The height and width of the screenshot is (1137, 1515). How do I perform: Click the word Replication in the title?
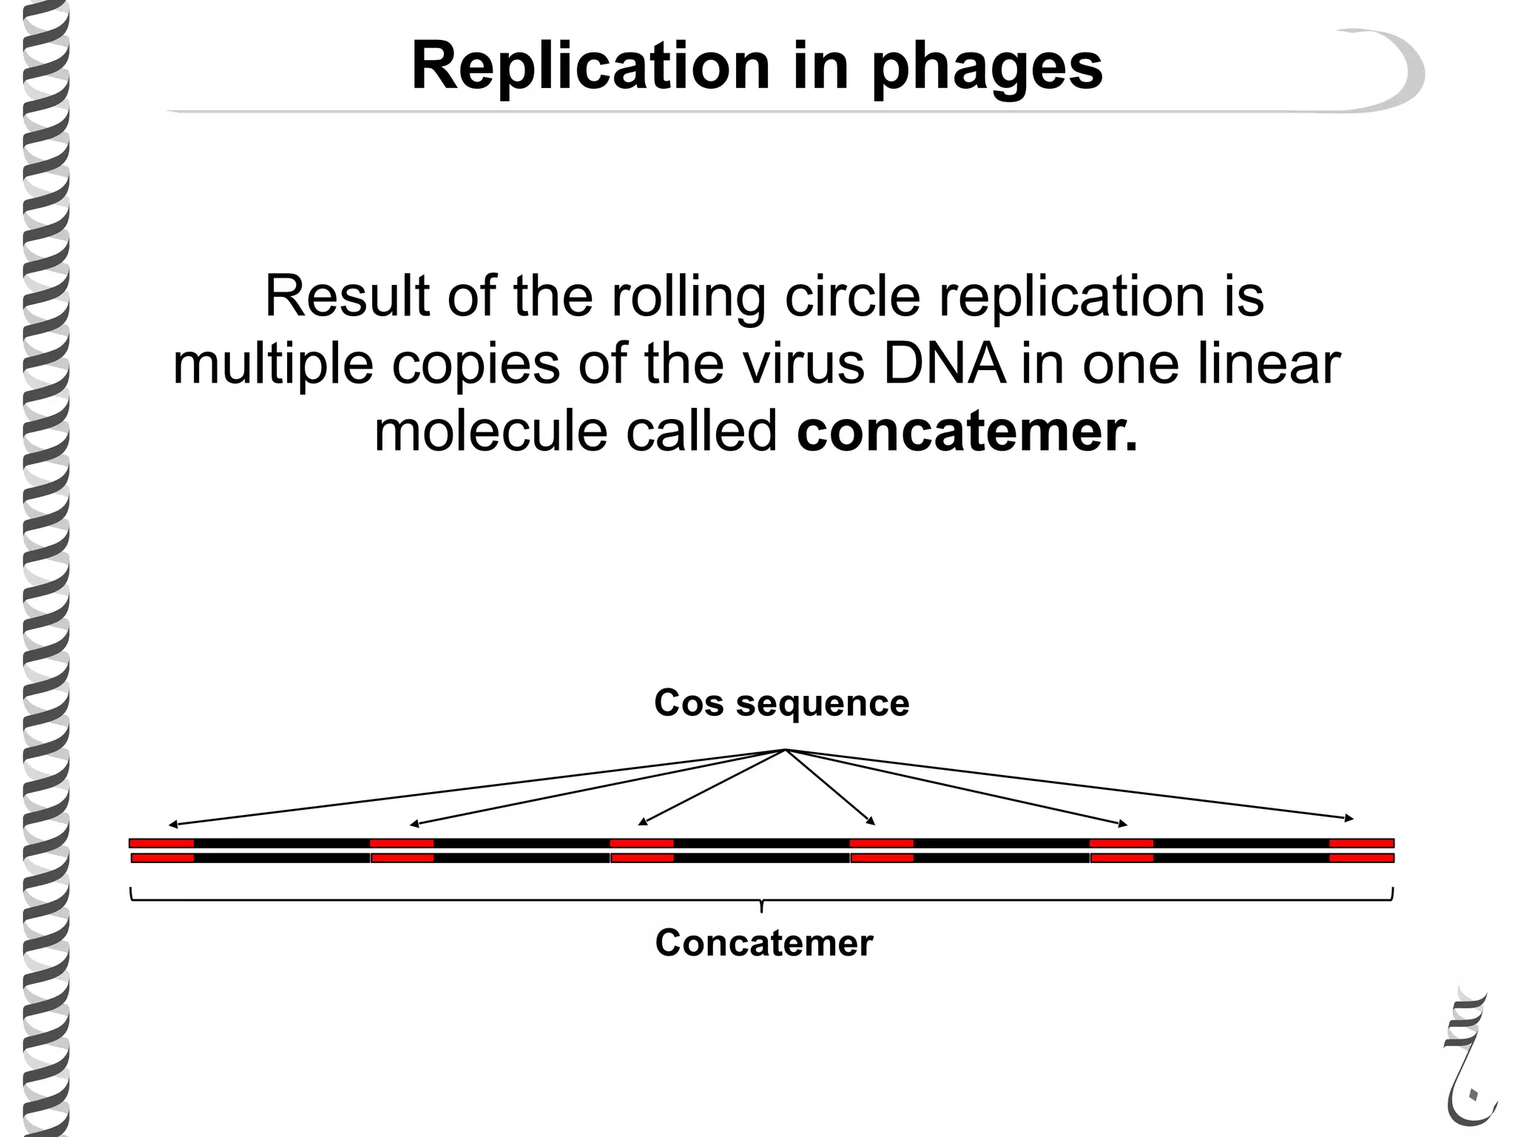pyautogui.click(x=590, y=67)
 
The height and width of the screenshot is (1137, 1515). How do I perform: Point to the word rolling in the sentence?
pyautogui.click(x=688, y=298)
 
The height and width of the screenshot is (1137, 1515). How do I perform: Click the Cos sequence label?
pyautogui.click(x=781, y=703)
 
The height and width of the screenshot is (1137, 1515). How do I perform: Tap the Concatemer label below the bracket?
pyautogui.click(x=764, y=943)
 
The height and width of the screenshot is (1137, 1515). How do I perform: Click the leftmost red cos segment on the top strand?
pyautogui.click(x=162, y=843)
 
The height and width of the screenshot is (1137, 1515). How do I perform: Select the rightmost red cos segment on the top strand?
pyautogui.click(x=1361, y=843)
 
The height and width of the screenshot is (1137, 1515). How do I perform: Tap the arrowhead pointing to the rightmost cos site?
pyautogui.click(x=1350, y=819)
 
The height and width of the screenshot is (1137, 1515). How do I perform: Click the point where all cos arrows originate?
pyautogui.click(x=786, y=751)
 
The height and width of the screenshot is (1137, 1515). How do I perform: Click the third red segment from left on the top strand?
pyautogui.click(x=641, y=843)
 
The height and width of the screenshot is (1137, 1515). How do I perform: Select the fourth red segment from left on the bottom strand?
pyautogui.click(x=883, y=858)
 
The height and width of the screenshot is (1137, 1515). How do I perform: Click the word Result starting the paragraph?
pyautogui.click(x=347, y=296)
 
